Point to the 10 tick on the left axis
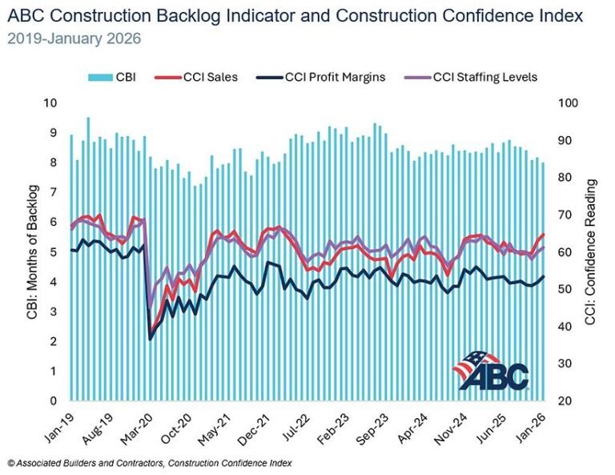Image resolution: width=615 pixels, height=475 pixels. [x=50, y=103]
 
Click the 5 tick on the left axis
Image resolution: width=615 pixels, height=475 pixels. [x=54, y=252]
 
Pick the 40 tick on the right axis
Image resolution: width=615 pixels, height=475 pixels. [x=565, y=326]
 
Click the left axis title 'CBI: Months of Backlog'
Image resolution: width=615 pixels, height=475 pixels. [x=31, y=252]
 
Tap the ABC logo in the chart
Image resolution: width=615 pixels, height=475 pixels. [x=491, y=370]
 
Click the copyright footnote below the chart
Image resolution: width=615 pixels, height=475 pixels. [x=149, y=463]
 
